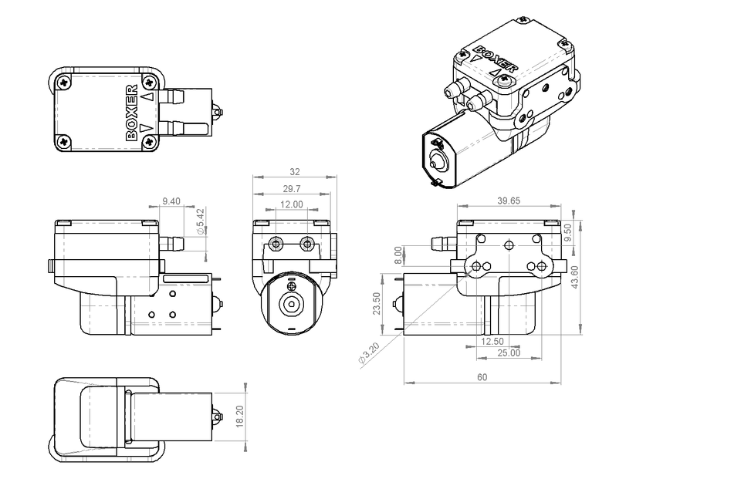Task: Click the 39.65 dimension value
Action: (x=509, y=201)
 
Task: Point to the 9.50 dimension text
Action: (x=569, y=231)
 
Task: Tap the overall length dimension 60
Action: (x=482, y=377)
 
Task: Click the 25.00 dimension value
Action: (x=508, y=353)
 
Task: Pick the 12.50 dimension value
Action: (x=492, y=341)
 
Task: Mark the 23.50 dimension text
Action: (x=377, y=303)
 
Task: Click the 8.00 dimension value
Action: (x=398, y=254)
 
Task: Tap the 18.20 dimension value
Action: (x=240, y=416)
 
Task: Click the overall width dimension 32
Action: (x=294, y=172)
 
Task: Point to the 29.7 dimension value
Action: (x=292, y=189)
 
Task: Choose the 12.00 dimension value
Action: (x=291, y=204)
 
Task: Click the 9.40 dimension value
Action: (x=171, y=201)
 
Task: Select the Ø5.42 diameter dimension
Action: (x=201, y=221)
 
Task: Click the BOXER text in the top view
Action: (x=132, y=112)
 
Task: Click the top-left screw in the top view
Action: (x=64, y=80)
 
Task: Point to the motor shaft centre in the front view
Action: (x=292, y=303)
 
